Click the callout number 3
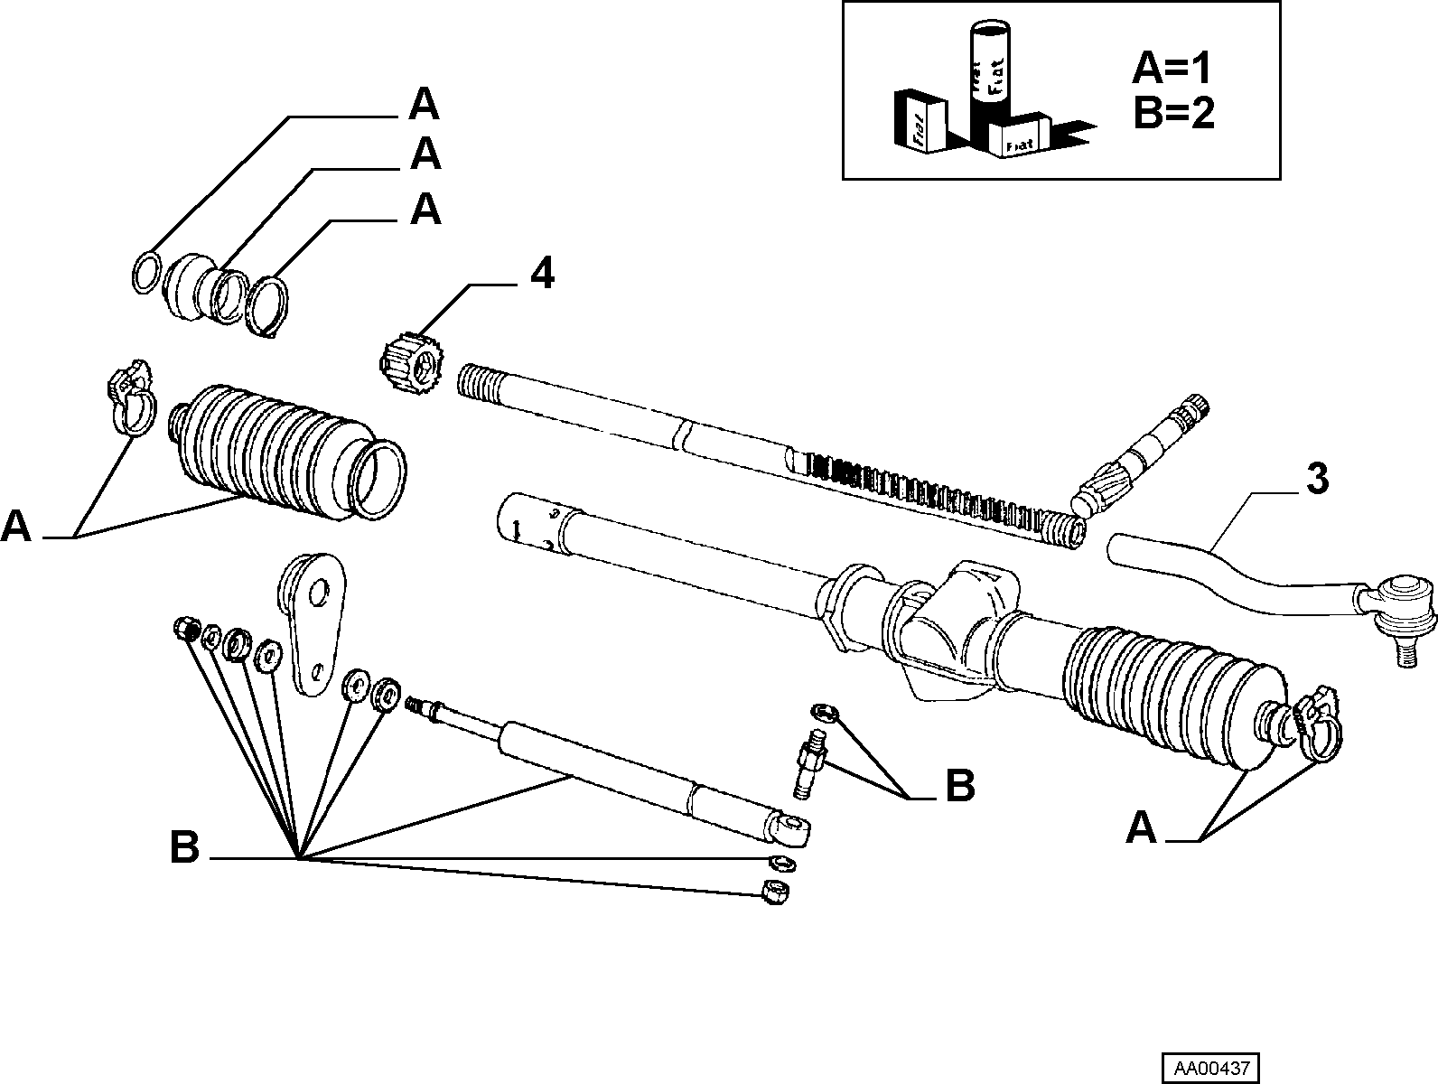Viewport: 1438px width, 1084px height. [1318, 479]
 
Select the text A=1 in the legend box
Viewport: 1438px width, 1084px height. [1172, 69]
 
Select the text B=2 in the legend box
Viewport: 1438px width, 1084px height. [1173, 113]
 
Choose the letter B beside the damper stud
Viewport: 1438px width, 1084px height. [960, 785]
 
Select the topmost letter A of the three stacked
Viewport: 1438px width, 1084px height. [424, 104]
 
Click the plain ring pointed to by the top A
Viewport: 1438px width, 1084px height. [146, 273]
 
